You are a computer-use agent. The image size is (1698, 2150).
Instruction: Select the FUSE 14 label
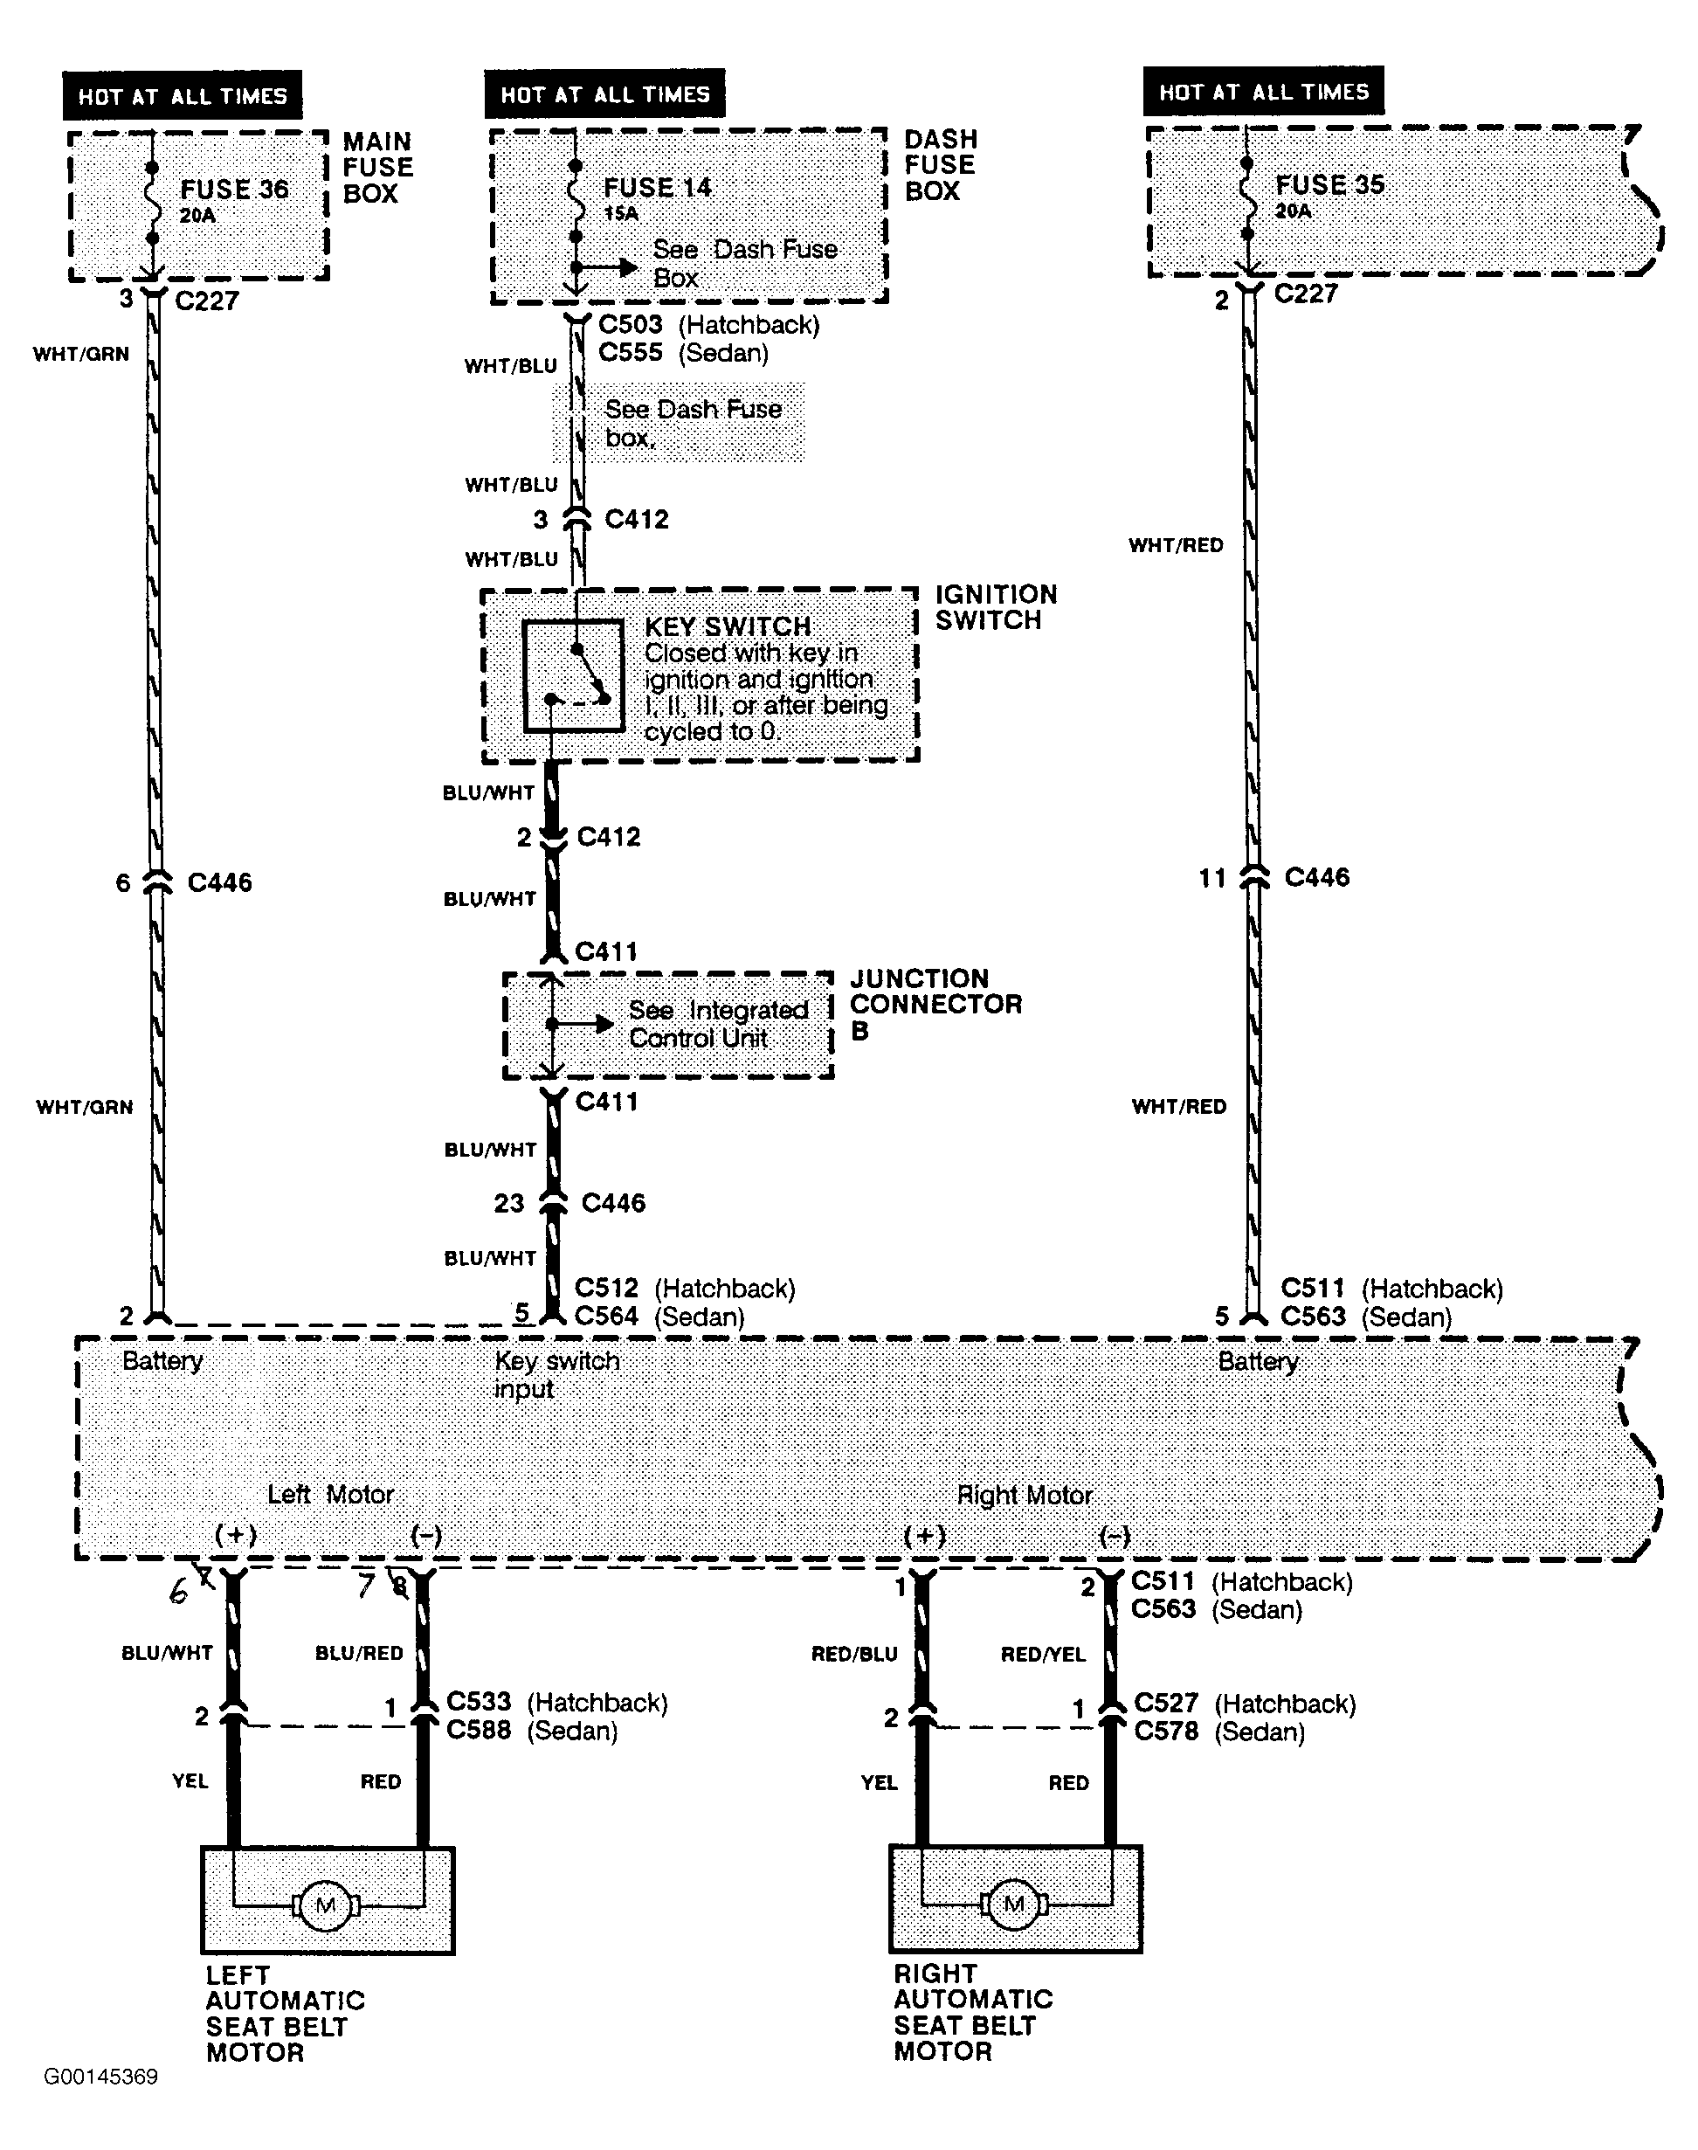click(657, 187)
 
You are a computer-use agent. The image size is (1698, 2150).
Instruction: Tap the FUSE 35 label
click(1329, 185)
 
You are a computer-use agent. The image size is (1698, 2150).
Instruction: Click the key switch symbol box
click(574, 676)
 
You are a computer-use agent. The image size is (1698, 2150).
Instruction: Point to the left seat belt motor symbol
click(325, 1905)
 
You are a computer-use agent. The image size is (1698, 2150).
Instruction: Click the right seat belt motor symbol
click(1013, 1904)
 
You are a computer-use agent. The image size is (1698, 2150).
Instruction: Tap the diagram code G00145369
click(100, 2077)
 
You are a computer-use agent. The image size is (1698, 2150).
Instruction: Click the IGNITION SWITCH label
click(995, 608)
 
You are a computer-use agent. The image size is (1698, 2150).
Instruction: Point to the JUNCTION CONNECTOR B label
click(935, 1005)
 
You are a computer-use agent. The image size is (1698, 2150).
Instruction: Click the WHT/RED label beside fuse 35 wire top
click(1175, 545)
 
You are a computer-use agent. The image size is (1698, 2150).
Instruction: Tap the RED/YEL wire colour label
click(1043, 1654)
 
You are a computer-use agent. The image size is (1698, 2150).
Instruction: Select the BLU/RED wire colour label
click(359, 1653)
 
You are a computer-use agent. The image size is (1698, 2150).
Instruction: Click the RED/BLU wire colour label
click(854, 1654)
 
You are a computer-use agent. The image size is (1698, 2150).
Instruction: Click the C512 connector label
click(606, 1288)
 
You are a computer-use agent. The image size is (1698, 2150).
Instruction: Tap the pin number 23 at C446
click(509, 1203)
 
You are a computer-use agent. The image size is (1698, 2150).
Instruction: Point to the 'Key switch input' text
click(556, 1374)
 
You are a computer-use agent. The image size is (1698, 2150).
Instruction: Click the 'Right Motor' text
click(1024, 1495)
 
